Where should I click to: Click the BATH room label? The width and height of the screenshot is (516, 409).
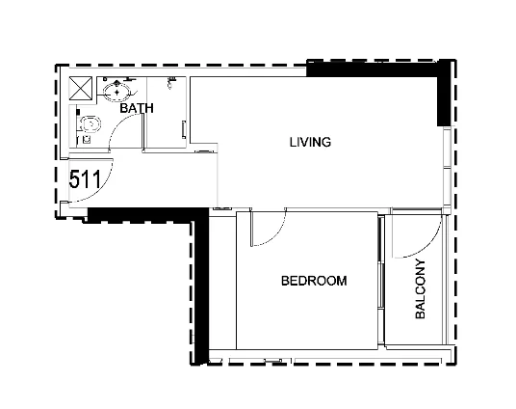point(137,108)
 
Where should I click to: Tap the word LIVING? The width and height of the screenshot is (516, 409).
point(310,142)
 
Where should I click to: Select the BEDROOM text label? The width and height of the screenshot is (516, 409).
point(314,281)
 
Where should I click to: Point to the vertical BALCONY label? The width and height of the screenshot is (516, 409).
point(421,289)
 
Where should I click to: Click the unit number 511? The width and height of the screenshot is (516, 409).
point(85,179)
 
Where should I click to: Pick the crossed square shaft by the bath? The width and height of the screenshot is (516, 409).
point(81,88)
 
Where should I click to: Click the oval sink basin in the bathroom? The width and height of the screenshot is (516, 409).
point(116,92)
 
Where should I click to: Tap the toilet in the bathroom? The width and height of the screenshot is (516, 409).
point(89,124)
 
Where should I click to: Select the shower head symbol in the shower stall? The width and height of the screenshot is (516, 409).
point(170,82)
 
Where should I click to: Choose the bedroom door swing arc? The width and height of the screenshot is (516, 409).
point(276,234)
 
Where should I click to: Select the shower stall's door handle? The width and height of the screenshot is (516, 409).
point(184,129)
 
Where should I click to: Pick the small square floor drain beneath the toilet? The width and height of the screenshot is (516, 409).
point(87,139)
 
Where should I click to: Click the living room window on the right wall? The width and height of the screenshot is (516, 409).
point(447,168)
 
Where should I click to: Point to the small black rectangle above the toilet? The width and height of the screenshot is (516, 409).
point(78,112)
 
